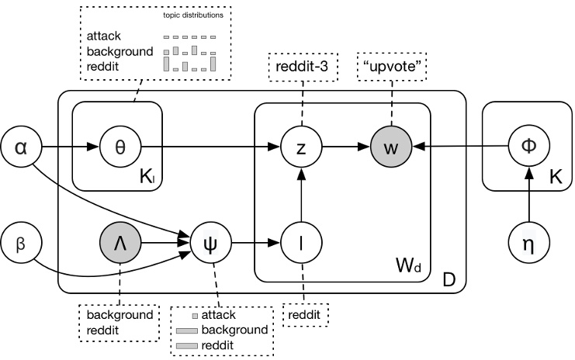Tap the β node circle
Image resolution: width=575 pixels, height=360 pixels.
(22, 242)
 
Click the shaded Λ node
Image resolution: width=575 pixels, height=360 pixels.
(120, 242)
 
